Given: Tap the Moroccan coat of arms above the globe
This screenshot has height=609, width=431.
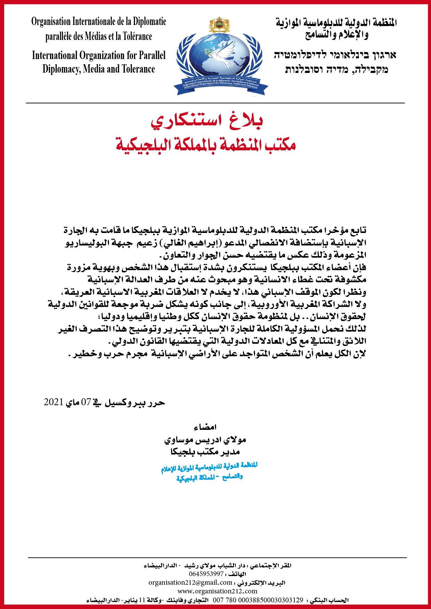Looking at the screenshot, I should (219, 25).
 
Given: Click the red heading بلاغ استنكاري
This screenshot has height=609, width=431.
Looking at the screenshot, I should (207, 120).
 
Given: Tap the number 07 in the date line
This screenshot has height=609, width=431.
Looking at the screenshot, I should (86, 402).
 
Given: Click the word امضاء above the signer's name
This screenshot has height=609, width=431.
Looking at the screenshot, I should (205, 427).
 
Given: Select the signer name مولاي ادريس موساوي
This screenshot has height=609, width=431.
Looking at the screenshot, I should (205, 440).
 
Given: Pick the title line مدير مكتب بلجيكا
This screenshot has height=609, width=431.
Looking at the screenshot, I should (205, 452).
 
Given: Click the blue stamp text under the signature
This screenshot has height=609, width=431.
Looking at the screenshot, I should (209, 472).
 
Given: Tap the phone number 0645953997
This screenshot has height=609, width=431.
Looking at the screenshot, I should (206, 574).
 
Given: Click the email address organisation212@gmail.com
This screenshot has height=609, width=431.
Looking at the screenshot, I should (190, 582).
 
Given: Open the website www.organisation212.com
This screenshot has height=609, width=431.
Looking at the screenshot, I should (217, 591).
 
